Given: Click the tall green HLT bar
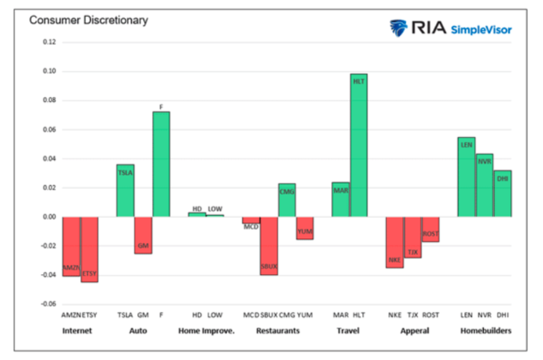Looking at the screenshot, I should point(358,145).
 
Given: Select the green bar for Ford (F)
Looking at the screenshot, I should point(161,164).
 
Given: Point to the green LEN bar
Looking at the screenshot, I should point(466,177).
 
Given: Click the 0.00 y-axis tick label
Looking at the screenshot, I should point(48,217).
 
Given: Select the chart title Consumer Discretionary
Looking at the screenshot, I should point(76,19).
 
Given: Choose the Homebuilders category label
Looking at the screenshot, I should point(484,330).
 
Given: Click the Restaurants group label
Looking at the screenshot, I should point(277,330).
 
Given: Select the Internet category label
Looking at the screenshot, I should point(80,330).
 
